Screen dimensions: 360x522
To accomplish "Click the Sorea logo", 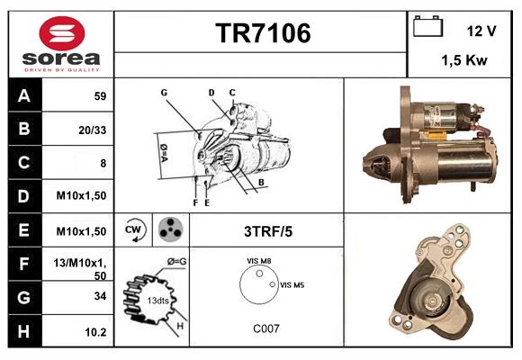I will click(x=60, y=44).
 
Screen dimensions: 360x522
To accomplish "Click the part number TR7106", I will click(x=263, y=33).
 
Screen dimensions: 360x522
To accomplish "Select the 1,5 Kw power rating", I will click(x=464, y=61).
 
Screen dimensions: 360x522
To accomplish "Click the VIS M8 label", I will click(x=260, y=262).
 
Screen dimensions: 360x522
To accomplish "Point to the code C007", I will click(x=266, y=328).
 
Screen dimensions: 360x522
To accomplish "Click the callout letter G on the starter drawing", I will click(x=165, y=93).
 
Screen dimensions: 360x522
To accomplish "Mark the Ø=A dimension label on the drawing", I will click(x=164, y=151).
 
